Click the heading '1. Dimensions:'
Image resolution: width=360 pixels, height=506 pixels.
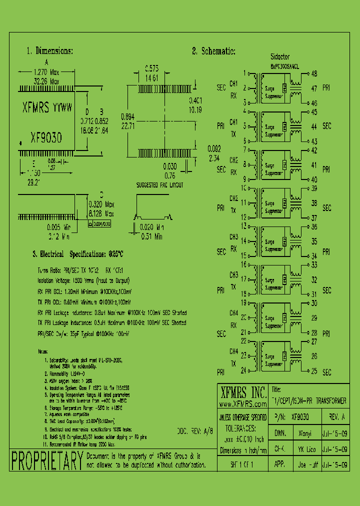pos(49,51)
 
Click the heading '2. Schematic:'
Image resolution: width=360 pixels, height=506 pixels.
pos(213,51)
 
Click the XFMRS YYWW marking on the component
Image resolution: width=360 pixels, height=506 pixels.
pos(47,107)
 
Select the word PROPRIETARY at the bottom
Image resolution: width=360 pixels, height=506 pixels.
pos(46,460)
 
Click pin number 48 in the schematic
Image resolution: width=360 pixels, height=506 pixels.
pos(314,73)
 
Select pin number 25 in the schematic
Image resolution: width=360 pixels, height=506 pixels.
pos(314,372)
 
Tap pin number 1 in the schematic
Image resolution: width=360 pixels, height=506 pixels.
pos(244,73)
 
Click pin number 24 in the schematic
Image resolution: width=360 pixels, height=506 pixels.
pos(243,370)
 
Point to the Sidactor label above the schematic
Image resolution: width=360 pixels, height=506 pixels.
pos(279,57)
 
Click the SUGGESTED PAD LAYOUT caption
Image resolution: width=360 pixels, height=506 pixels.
pos(160,185)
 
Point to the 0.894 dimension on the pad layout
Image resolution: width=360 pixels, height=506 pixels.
pos(128,116)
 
